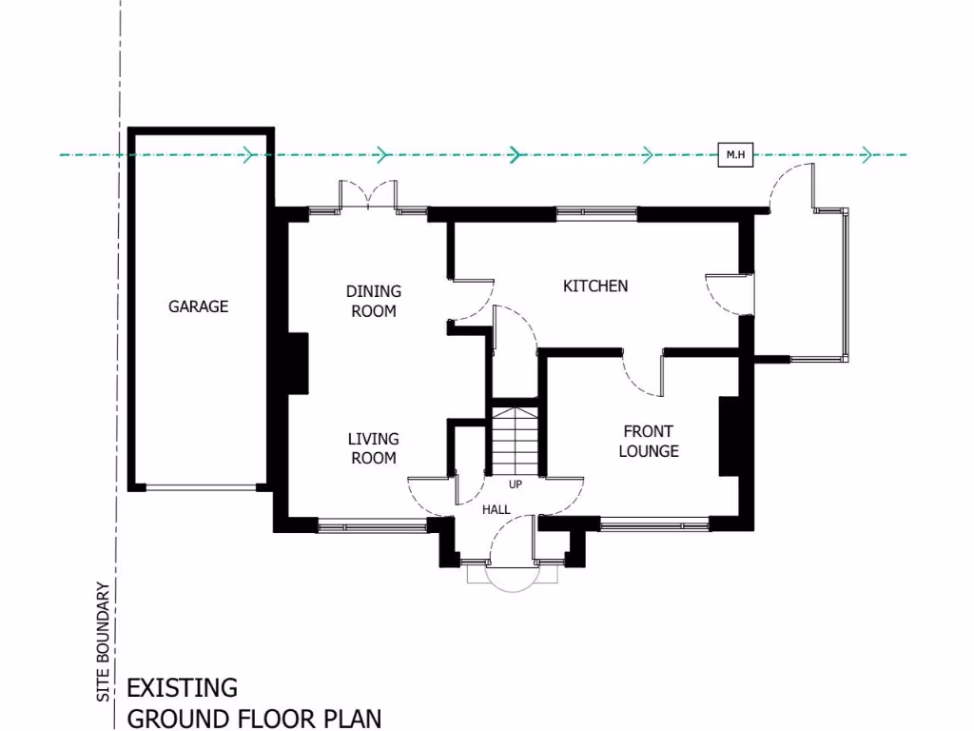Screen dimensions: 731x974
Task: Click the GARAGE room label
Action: (199, 306)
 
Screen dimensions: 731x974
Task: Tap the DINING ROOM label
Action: (373, 301)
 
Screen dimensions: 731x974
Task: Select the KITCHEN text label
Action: (595, 286)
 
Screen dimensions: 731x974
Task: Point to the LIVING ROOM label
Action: (373, 448)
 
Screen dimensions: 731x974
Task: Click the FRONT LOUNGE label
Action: (649, 441)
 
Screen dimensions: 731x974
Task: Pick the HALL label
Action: (497, 510)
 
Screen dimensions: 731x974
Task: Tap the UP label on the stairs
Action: (516, 484)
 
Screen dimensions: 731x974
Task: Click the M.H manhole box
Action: (735, 154)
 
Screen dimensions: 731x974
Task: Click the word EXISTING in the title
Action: (182, 687)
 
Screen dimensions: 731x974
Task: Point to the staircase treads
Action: (515, 438)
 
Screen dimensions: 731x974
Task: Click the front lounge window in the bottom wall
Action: (654, 523)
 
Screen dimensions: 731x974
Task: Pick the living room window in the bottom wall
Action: (372, 523)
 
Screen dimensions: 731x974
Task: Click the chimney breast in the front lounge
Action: (730, 436)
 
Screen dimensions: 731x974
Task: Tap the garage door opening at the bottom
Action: (201, 487)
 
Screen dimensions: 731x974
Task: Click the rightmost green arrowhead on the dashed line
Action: (866, 154)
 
